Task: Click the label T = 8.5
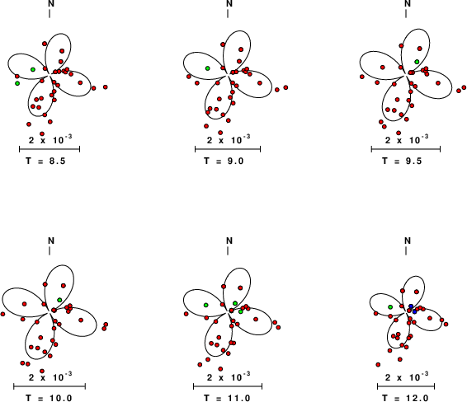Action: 45,161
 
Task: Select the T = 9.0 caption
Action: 224,161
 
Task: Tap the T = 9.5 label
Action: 402,161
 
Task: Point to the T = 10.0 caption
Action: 49,398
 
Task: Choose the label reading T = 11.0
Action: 227,398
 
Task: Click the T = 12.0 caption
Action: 405,398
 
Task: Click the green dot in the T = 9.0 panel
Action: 208,68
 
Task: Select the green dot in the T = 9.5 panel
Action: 417,62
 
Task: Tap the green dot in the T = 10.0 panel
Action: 59,300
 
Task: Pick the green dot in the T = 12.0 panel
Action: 390,306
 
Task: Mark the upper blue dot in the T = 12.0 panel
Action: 411,306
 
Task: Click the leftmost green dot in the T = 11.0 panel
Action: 205,305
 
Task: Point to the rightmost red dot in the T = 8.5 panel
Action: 105,87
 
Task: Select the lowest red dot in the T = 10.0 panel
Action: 42,371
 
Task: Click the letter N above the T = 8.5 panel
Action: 51,3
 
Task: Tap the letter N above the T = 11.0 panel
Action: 229,241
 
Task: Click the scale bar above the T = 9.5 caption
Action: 406,149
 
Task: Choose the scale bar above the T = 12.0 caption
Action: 406,386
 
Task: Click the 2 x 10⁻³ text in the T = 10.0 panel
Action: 50,377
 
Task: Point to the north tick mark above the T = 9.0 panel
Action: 228,14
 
